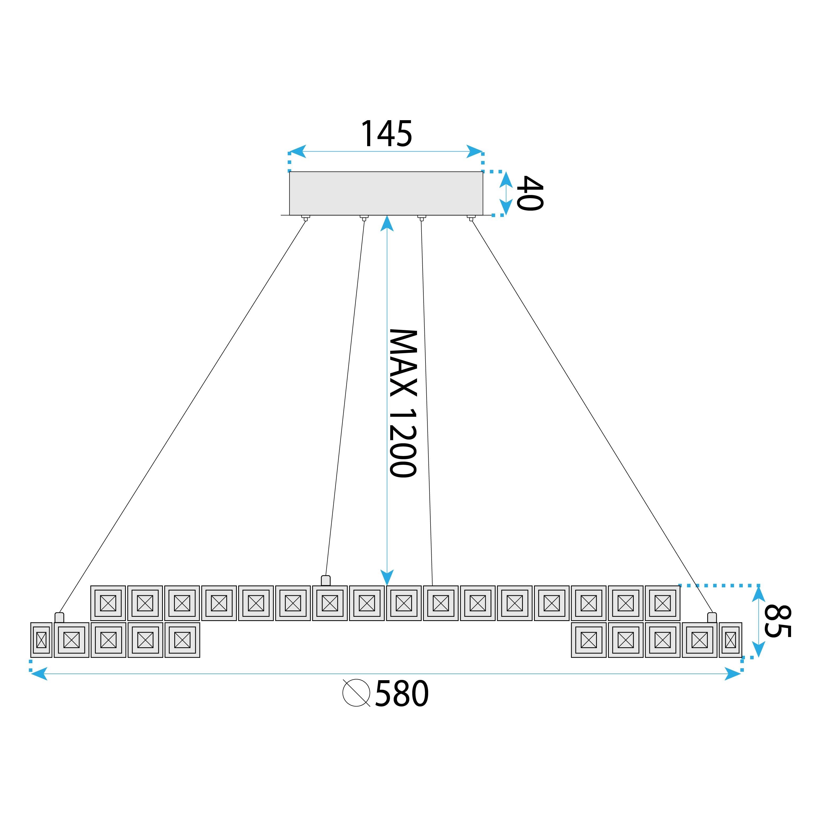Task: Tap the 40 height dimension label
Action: click(x=530, y=193)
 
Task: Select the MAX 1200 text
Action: click(x=402, y=403)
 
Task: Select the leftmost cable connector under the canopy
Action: click(x=306, y=218)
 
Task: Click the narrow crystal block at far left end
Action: click(x=41, y=640)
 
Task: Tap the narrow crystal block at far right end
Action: click(x=730, y=640)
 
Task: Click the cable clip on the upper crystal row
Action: click(x=326, y=580)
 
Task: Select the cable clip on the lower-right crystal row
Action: click(x=712, y=618)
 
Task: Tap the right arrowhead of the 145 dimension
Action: click(x=475, y=151)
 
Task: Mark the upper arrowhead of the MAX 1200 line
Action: click(x=387, y=223)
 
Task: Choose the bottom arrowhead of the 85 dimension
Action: click(x=759, y=649)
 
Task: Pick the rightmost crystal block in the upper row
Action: click(x=662, y=603)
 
